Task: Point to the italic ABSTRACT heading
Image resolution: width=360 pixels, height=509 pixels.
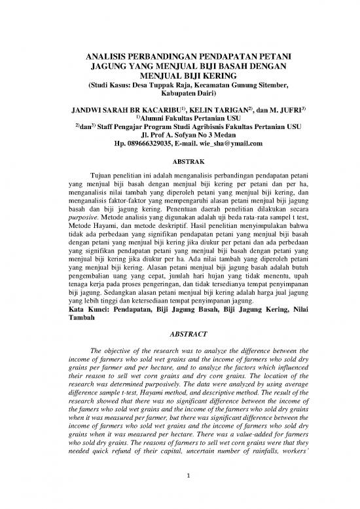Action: coord(179,331)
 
